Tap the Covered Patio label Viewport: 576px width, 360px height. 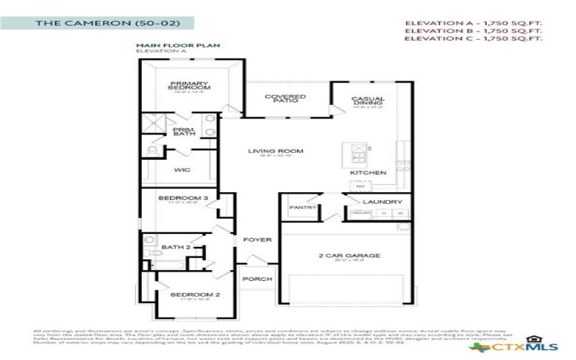[285, 99]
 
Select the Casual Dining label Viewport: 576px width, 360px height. [368, 102]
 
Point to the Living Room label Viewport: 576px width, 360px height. [276, 151]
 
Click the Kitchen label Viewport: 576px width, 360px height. [368, 173]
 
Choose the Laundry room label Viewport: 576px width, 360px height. [377, 202]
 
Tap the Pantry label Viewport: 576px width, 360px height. [303, 207]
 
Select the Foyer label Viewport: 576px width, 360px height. [256, 240]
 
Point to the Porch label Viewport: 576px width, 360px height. [255, 279]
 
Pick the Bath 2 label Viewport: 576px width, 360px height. [175, 248]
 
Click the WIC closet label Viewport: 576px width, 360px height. [182, 171]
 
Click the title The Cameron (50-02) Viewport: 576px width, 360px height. [108, 23]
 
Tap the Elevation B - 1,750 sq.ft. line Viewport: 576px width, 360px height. [472, 31]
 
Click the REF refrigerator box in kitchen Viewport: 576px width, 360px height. [361, 186]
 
